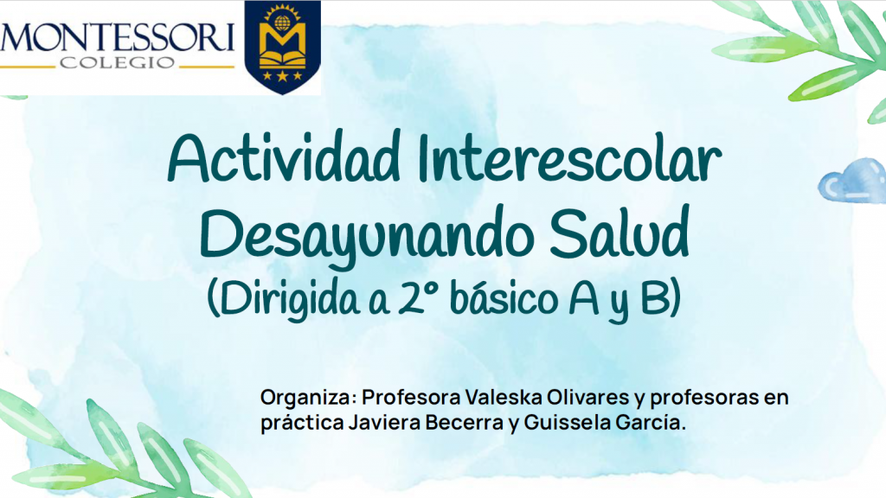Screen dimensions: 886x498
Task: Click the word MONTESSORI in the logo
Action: click(x=117, y=38)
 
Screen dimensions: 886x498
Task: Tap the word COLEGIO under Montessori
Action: click(x=118, y=62)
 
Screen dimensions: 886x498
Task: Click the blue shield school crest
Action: click(x=283, y=47)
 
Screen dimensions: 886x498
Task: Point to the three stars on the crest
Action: click(x=282, y=75)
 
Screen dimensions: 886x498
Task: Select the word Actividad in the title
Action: click(x=284, y=156)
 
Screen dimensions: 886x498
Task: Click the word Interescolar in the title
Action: click(x=569, y=156)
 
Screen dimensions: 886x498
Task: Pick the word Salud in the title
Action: click(x=620, y=232)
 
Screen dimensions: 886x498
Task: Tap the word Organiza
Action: click(x=309, y=398)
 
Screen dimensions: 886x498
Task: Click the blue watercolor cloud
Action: click(x=853, y=181)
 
